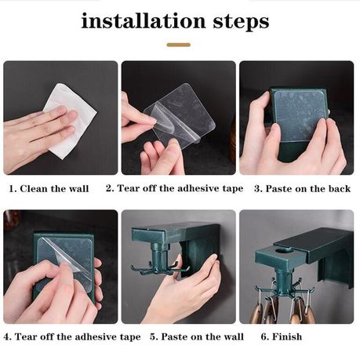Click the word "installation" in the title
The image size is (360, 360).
tap(144, 20)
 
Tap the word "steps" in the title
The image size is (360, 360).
tap(241, 22)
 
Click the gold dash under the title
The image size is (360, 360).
tap(179, 45)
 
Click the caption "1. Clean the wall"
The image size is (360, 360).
tap(49, 188)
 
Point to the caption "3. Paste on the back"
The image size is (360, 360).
tap(302, 188)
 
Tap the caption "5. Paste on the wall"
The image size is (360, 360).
tap(197, 336)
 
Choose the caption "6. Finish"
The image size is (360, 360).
tap(282, 336)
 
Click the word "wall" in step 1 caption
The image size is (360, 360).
tap(79, 188)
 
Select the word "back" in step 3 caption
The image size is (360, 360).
tap(340, 188)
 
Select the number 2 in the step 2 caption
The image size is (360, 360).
tap(109, 188)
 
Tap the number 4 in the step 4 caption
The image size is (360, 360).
tap(7, 336)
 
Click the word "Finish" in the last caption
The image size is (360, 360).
tap(287, 336)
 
